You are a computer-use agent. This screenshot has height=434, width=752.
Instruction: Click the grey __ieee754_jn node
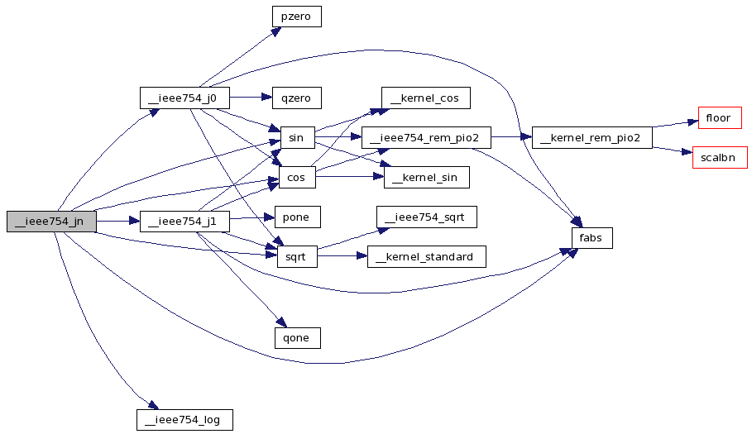pyautogui.click(x=51, y=222)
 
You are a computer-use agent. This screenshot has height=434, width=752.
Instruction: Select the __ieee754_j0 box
pyautogui.click(x=184, y=98)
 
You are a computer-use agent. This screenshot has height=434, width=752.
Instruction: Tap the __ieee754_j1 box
pyautogui.click(x=184, y=222)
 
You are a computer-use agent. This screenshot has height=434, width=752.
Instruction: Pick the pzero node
pyautogui.click(x=296, y=17)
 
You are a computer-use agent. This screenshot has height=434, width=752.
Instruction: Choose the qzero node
pyautogui.click(x=296, y=98)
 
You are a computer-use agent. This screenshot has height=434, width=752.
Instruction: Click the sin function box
pyautogui.click(x=297, y=137)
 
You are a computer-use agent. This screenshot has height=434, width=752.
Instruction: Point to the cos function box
pyautogui.click(x=297, y=177)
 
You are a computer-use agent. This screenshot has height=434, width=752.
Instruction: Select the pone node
pyautogui.click(x=297, y=217)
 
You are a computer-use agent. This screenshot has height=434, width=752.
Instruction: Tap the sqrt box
pyautogui.click(x=297, y=257)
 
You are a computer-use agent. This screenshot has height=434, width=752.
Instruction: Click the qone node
pyautogui.click(x=297, y=338)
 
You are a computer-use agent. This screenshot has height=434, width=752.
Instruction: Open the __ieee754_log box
pyautogui.click(x=184, y=420)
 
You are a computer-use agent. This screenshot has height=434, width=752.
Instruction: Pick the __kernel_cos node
pyautogui.click(x=426, y=98)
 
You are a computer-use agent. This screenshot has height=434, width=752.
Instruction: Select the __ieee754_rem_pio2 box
pyautogui.click(x=426, y=137)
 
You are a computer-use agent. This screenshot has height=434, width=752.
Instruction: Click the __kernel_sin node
pyautogui.click(x=426, y=177)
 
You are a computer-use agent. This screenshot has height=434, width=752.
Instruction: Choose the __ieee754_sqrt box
pyautogui.click(x=426, y=217)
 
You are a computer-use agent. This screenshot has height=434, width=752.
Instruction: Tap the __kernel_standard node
pyautogui.click(x=426, y=257)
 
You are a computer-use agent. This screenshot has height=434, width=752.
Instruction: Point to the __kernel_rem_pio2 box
pyautogui.click(x=592, y=137)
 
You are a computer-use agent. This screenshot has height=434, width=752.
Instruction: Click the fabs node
pyautogui.click(x=592, y=237)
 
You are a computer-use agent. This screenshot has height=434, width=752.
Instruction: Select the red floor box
pyautogui.click(x=720, y=118)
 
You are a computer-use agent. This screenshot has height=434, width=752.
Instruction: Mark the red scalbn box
pyautogui.click(x=720, y=158)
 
